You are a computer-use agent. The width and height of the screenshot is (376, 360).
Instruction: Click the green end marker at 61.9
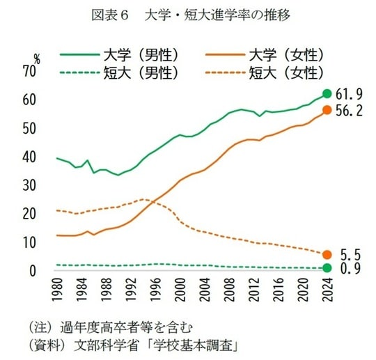[327, 94]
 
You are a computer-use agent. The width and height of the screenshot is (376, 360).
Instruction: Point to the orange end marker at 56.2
[327, 110]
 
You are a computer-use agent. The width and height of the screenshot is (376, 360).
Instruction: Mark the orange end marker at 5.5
[327, 255]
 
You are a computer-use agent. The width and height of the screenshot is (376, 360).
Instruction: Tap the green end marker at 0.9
[327, 268]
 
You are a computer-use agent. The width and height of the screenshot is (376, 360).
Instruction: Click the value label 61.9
[350, 94]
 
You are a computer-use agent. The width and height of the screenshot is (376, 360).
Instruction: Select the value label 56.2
[350, 110]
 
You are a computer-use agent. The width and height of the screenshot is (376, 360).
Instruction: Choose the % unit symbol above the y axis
[37, 58]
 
